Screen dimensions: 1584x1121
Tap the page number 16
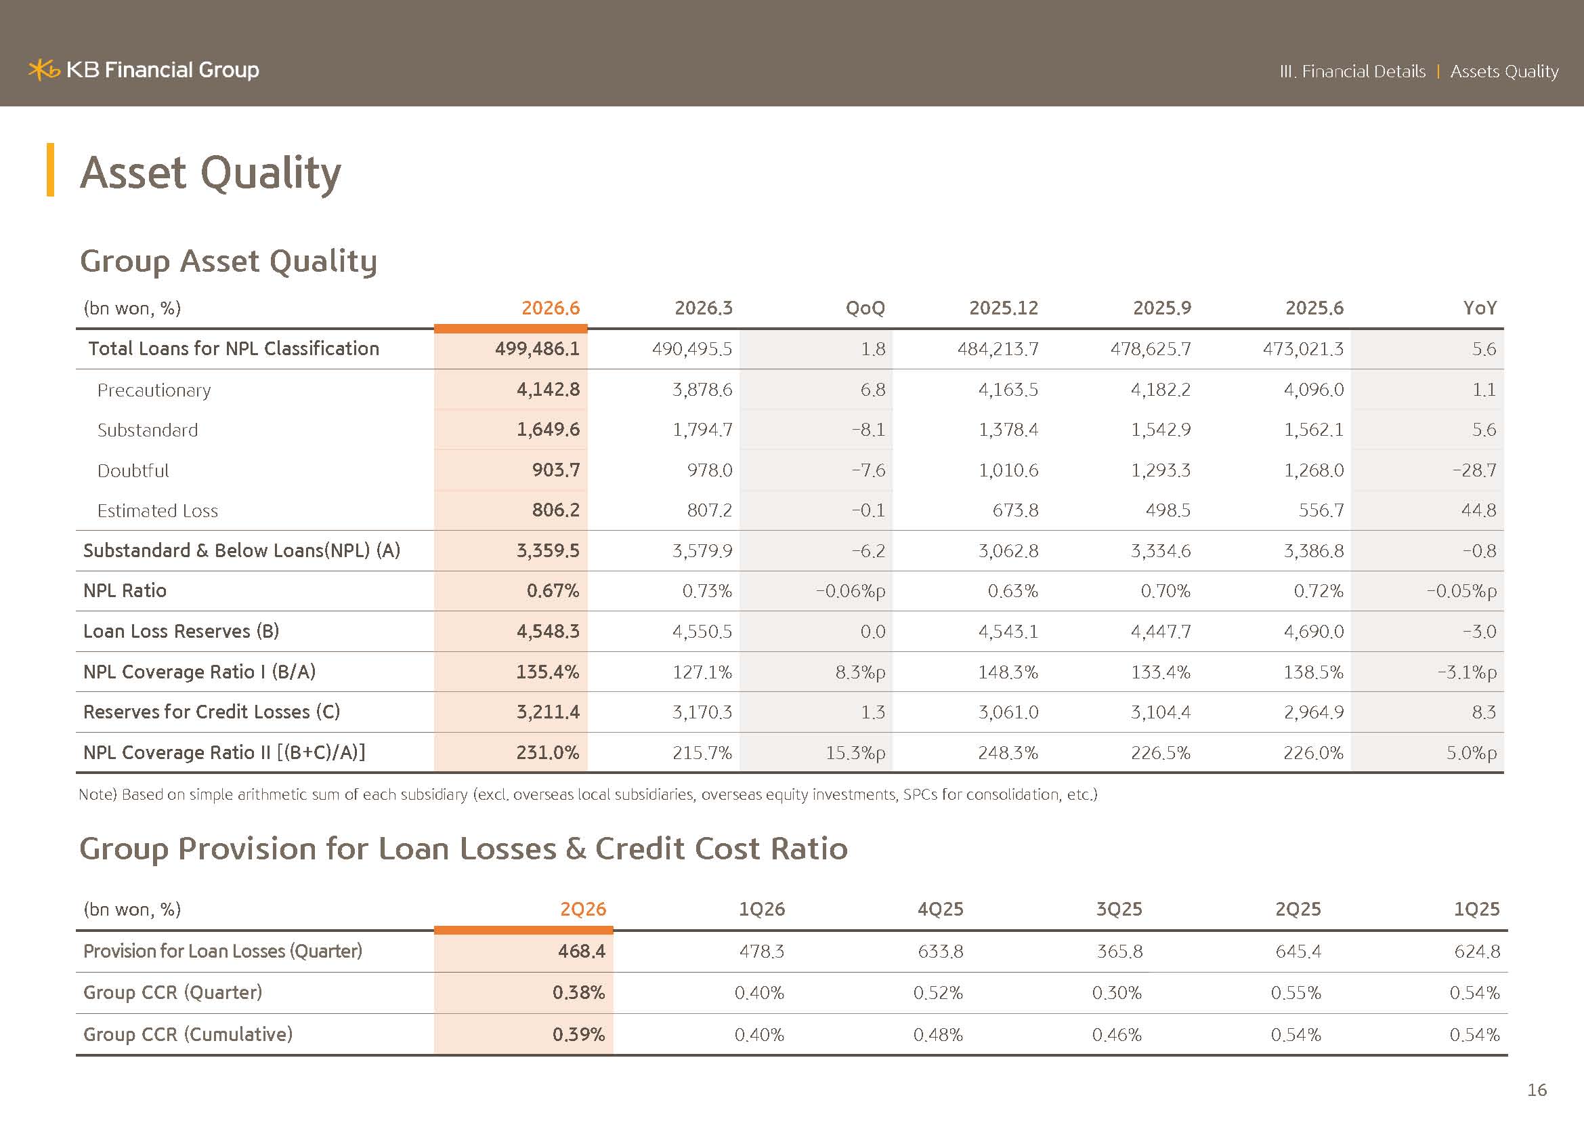1537,1090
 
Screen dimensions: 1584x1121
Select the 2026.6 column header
551,308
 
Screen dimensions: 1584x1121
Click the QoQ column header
865,308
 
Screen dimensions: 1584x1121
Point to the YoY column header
1480,308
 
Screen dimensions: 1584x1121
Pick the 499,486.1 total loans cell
537,348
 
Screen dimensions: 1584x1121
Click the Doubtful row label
133,471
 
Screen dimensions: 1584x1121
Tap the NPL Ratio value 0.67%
553,591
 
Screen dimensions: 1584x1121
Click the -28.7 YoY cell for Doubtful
1474,471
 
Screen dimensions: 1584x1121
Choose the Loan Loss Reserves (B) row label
181,631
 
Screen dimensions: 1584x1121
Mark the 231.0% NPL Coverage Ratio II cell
548,752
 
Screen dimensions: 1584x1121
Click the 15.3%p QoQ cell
855,752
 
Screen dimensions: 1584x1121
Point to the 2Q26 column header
583,909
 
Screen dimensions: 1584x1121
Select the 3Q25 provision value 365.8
1119,951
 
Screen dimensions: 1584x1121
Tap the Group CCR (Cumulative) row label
188,1034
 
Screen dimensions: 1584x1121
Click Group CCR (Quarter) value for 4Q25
938,993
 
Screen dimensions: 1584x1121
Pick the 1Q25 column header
1476,909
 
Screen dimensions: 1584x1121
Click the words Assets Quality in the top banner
1504,72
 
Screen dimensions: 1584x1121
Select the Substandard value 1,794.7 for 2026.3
702,430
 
